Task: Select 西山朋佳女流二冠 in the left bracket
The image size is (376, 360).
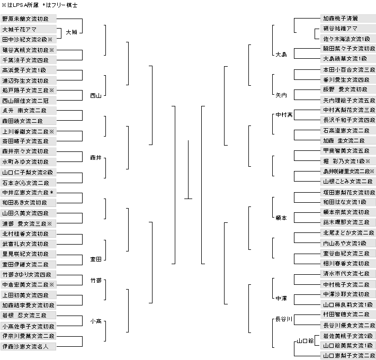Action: (x=25, y=100)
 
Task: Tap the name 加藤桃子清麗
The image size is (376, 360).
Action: (x=340, y=18)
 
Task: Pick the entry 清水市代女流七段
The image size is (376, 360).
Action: (x=346, y=274)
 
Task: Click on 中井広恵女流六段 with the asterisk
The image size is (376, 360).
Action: (x=28, y=192)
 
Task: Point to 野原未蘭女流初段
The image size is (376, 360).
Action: (x=25, y=18)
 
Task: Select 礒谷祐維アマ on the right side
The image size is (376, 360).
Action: (x=340, y=28)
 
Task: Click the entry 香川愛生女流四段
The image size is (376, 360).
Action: (x=346, y=79)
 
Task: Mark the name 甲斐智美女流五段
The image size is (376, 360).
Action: (x=346, y=151)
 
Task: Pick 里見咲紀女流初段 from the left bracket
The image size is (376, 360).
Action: (x=25, y=254)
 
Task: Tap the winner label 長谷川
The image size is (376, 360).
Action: (x=284, y=319)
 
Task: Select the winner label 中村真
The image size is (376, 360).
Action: (x=284, y=115)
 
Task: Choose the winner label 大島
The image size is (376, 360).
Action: (x=281, y=55)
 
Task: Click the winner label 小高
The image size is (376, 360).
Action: (x=96, y=321)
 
